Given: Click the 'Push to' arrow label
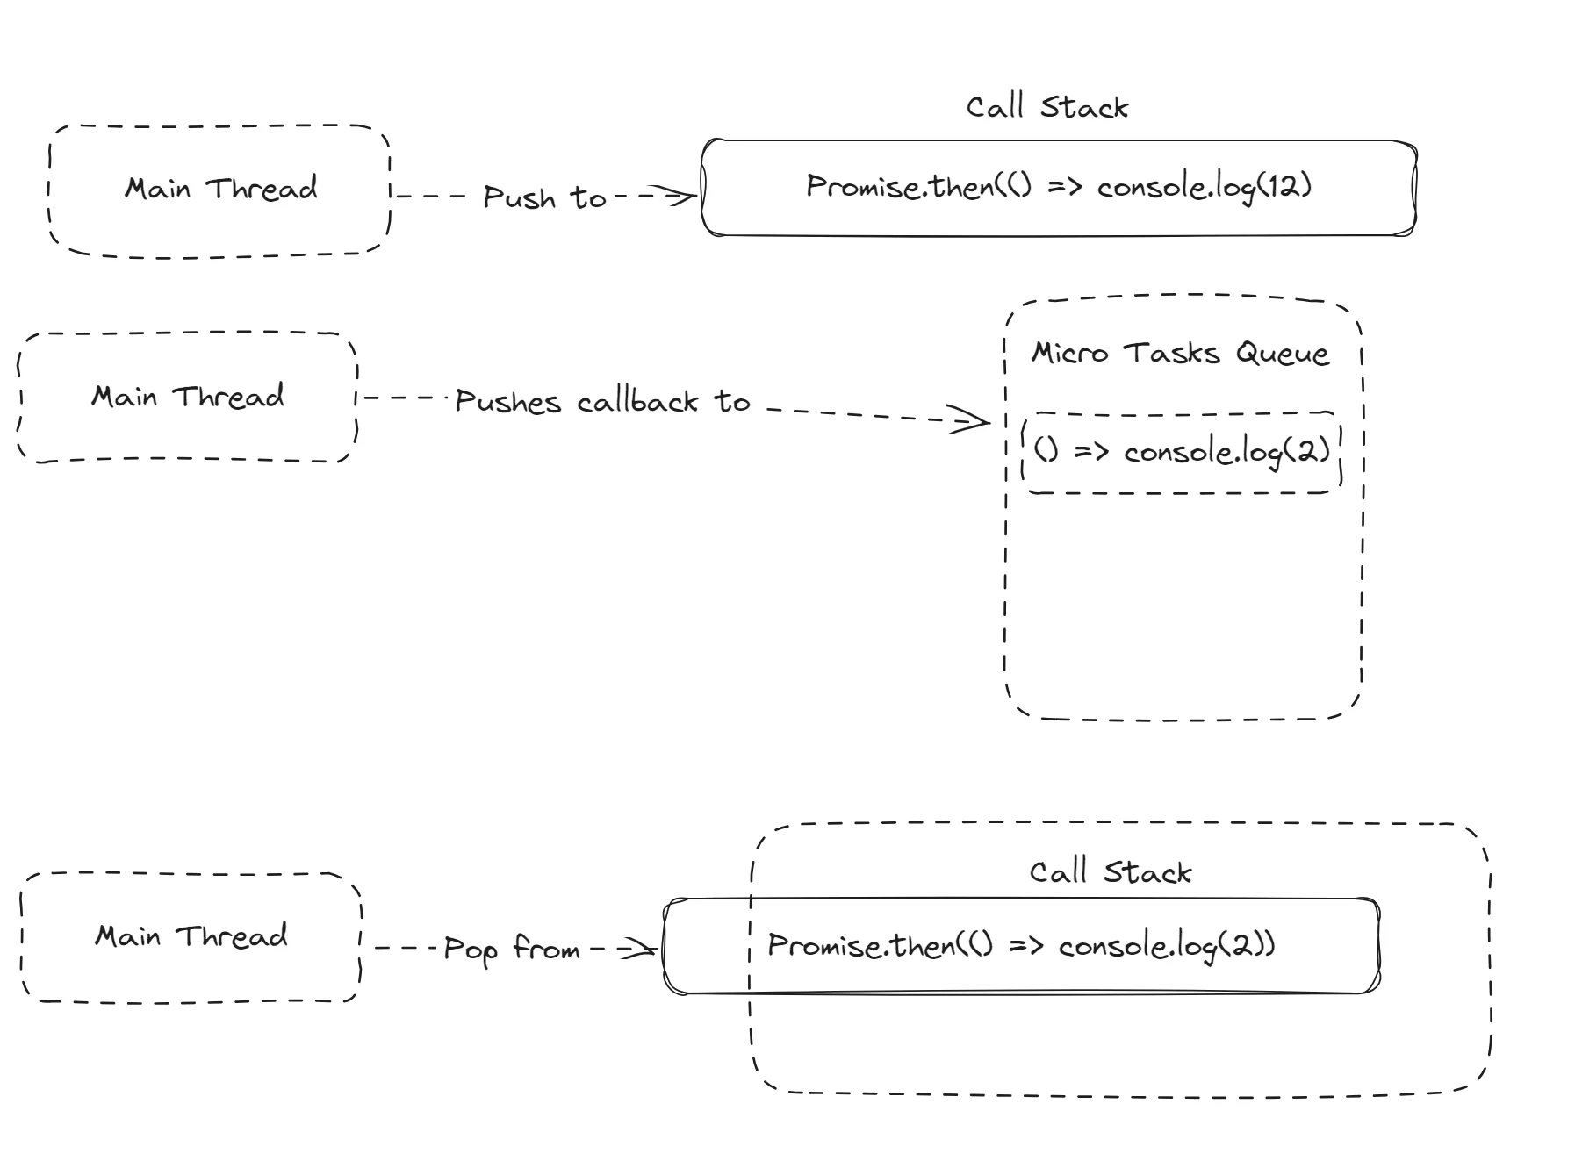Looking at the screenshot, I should [x=544, y=197].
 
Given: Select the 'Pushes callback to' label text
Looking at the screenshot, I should [x=602, y=402].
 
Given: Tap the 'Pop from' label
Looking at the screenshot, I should [x=511, y=949].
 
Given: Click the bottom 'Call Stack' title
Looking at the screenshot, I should [x=1110, y=872].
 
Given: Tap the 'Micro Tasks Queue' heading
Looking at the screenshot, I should [x=1179, y=353].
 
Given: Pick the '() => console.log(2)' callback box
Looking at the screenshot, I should [x=1182, y=452].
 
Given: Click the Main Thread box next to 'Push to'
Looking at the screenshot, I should [x=219, y=190].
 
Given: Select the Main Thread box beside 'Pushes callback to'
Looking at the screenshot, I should [x=187, y=397].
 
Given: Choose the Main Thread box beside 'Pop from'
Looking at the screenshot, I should [x=191, y=936].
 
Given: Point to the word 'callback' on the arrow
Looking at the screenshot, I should [x=637, y=402].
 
